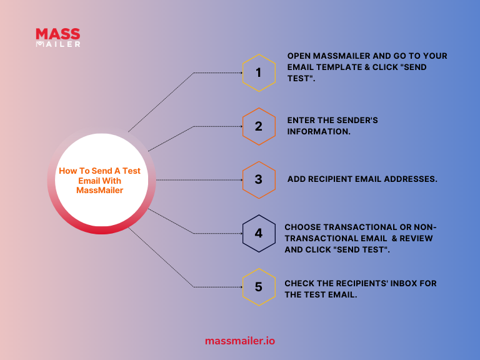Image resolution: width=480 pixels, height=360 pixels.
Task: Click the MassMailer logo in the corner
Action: pos(58,37)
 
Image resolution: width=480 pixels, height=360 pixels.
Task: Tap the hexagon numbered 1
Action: pos(259,73)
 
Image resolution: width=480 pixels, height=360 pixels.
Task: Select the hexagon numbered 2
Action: pos(259,126)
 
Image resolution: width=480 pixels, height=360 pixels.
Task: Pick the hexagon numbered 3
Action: pos(259,180)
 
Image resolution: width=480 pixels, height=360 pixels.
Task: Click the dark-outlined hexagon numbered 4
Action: pos(259,234)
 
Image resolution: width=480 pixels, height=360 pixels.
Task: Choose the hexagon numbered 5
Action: pos(259,287)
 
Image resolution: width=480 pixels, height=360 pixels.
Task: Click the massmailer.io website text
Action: pos(240,341)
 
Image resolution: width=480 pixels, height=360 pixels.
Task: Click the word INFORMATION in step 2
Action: pos(319,132)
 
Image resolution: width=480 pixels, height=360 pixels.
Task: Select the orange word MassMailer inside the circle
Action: pos(100,191)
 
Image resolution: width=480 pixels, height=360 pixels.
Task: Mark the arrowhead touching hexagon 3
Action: pos(241,180)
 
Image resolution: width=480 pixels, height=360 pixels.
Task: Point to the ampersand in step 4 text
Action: pos(394,239)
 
